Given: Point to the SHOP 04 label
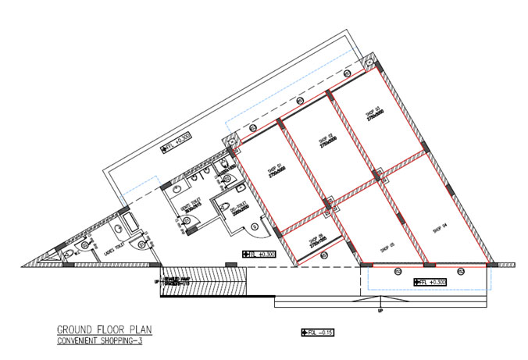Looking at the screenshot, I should [437, 226].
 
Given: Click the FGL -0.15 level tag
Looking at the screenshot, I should [317, 332].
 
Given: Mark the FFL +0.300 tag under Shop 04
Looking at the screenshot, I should [430, 282].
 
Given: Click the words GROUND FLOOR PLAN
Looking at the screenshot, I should [101, 330].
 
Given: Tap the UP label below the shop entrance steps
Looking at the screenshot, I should [380, 310].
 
